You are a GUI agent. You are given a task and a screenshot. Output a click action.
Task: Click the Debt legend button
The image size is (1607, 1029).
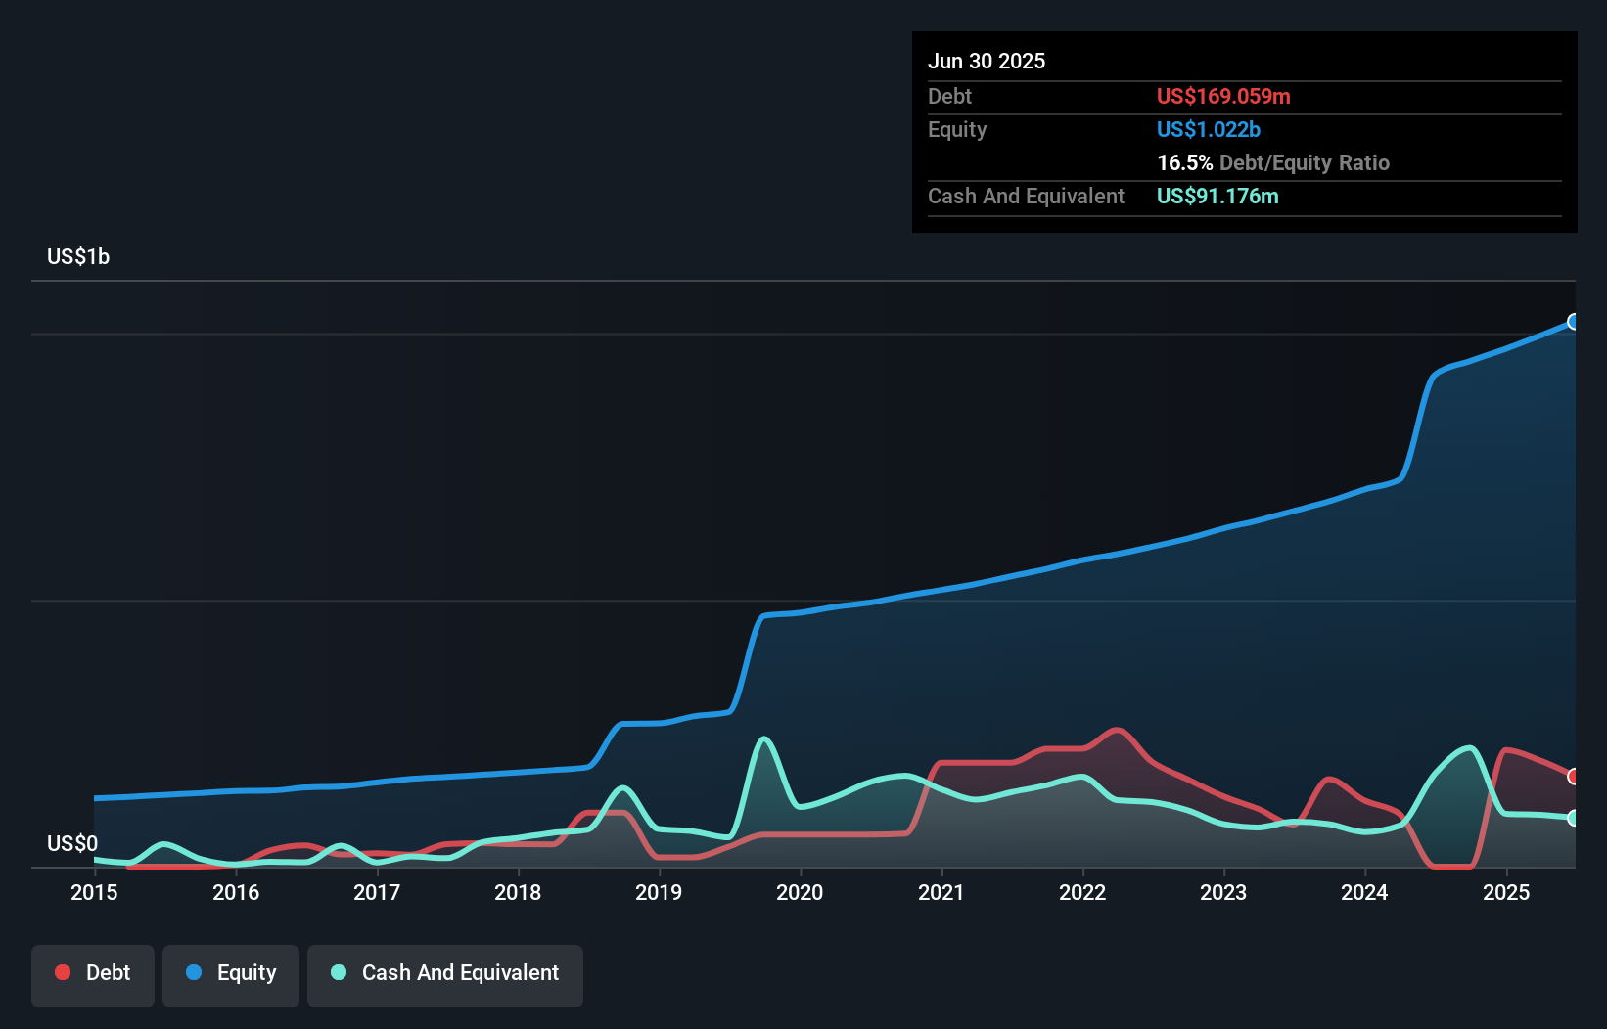point(93,973)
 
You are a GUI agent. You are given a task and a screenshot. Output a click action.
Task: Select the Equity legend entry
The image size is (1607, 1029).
point(231,973)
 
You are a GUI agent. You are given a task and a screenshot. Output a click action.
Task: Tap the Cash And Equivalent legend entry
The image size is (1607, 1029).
point(445,973)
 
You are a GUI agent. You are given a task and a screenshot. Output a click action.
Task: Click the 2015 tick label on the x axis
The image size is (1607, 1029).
point(94,892)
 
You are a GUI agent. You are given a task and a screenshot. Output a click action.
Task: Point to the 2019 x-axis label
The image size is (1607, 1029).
point(659,892)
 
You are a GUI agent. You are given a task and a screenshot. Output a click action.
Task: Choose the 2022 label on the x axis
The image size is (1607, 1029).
point(1082,892)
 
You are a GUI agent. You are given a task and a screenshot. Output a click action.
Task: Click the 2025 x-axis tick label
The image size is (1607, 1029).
point(1506,892)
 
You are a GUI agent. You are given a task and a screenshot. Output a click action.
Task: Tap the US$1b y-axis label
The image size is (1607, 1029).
point(78,257)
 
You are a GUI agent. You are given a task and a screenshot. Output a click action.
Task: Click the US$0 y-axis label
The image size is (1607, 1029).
point(72,843)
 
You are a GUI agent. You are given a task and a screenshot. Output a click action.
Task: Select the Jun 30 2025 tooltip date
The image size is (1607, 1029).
point(987,62)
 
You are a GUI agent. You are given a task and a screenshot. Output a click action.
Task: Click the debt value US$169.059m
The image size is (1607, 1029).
point(1223,97)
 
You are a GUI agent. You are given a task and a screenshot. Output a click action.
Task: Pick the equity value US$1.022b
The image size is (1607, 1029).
point(1208,130)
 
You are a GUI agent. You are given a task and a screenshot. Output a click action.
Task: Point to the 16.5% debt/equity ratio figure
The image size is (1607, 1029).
point(1184,163)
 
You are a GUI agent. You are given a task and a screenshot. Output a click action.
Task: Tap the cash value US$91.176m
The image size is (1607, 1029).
point(1217,197)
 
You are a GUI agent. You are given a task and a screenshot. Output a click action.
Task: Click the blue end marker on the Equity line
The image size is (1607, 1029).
point(1574,322)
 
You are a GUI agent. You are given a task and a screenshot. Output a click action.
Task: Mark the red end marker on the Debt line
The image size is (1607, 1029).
point(1574,777)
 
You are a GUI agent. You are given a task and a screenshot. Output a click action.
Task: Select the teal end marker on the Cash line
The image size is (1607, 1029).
point(1574,818)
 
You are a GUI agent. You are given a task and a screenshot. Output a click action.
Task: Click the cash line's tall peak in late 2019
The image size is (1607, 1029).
point(764,738)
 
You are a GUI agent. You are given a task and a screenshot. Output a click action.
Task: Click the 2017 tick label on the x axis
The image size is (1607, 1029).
point(377,892)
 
